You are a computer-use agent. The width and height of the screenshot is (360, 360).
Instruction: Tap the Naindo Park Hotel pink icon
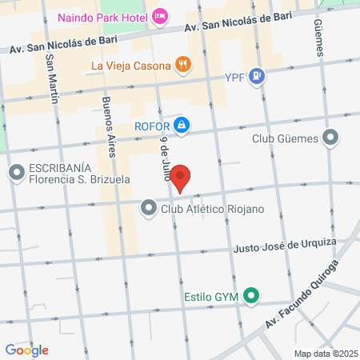pyautogui.click(x=161, y=15)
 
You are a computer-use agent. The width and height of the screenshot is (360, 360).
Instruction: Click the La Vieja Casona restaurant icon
pyautogui.click(x=183, y=65)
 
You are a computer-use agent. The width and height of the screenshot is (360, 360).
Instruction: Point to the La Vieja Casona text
pyautogui.click(x=130, y=65)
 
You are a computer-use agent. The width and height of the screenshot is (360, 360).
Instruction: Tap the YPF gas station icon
pyautogui.click(x=256, y=77)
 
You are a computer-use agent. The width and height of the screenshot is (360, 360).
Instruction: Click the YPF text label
pyautogui.click(x=232, y=78)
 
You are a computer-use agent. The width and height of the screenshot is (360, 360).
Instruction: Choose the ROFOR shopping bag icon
pyautogui.click(x=182, y=125)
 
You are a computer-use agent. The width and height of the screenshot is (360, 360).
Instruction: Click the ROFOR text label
pyautogui.click(x=152, y=125)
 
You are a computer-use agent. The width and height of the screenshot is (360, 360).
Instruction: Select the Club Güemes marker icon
pyautogui.click(x=331, y=138)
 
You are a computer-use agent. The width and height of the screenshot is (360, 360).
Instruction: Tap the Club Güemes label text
pyautogui.click(x=285, y=138)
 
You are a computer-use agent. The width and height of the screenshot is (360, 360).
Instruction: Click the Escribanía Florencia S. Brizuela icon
pyautogui.click(x=16, y=173)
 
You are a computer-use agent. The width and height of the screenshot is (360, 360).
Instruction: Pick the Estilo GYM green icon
pyautogui.click(x=251, y=297)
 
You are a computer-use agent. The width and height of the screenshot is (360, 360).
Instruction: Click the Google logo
pyautogui.click(x=26, y=350)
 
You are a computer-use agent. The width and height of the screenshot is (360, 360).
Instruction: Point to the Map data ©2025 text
pyautogui.click(x=323, y=354)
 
